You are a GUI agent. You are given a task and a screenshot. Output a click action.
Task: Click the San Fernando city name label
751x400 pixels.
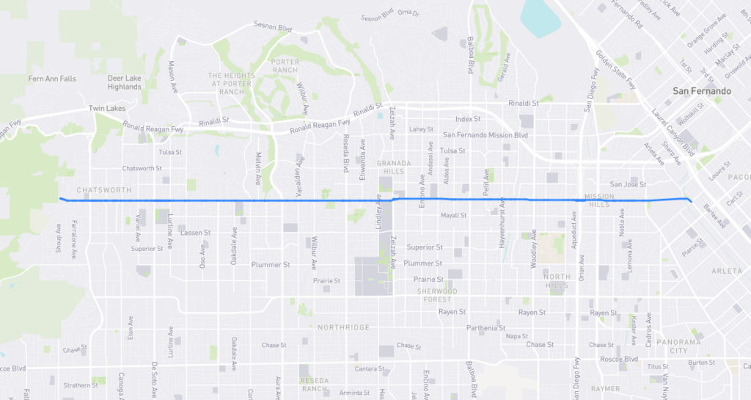702,91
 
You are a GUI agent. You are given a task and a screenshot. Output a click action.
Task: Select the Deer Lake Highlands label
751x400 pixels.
124,82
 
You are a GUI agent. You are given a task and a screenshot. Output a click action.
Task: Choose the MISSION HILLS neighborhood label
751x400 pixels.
604,200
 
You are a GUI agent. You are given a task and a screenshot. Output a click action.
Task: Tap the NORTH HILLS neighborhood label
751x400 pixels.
557,282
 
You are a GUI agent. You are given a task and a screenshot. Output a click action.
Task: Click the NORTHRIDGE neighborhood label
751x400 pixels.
343,327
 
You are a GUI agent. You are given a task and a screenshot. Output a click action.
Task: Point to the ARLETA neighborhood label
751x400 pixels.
727,272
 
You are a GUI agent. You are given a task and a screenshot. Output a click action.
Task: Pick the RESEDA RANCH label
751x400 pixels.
320,385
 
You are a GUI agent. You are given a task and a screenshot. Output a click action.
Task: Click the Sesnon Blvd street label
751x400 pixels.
273,28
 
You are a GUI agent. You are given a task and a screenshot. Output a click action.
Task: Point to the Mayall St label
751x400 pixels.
453,216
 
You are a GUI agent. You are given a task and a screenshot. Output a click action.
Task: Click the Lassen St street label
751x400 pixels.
195,232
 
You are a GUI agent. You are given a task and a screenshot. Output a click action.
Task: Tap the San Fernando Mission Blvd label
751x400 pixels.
486,135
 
